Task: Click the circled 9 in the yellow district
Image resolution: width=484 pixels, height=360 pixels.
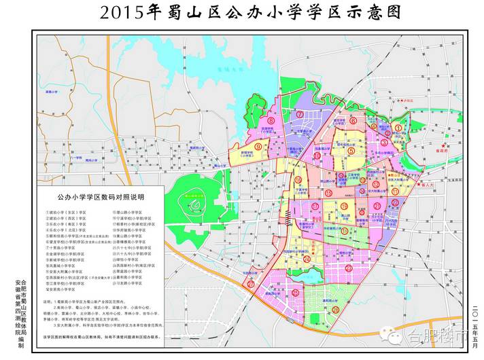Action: (x=258, y=145)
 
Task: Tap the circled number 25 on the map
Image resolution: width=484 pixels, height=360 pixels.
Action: (x=295, y=292)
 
